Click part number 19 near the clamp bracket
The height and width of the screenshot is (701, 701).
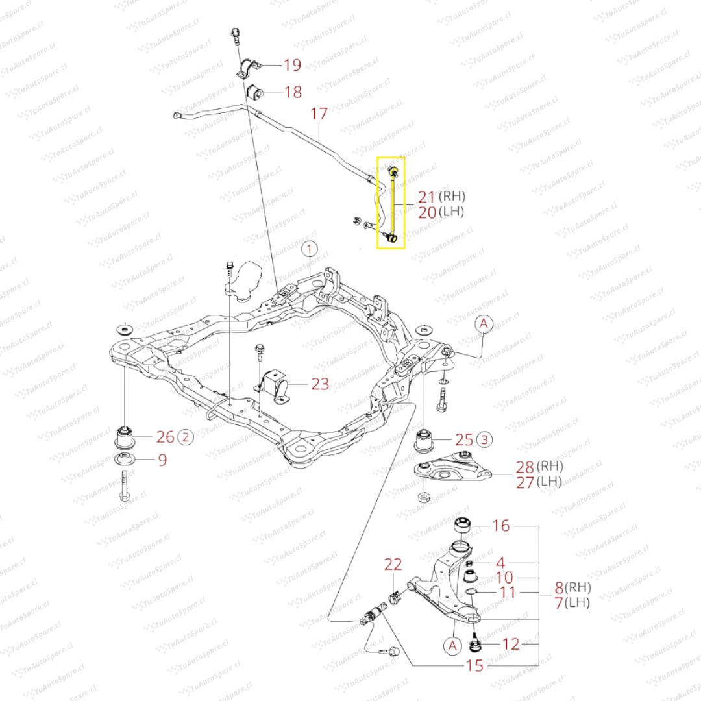(x=292, y=64)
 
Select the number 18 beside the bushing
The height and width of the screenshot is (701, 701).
(x=293, y=92)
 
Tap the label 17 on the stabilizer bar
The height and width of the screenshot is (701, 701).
(x=319, y=114)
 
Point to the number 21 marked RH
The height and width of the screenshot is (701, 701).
(x=426, y=197)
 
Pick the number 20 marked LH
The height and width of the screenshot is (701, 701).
(x=426, y=212)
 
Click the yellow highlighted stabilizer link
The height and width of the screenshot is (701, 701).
(x=391, y=203)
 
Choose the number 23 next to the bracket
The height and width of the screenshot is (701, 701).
(x=320, y=384)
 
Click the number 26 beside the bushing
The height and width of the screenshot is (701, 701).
(x=166, y=437)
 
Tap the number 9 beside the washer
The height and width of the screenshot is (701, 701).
(x=162, y=460)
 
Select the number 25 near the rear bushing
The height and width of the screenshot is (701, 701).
(x=464, y=439)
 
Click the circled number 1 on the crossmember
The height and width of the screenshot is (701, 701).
(x=310, y=249)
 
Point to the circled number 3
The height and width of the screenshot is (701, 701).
(x=484, y=439)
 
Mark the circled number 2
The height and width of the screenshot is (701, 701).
(x=186, y=437)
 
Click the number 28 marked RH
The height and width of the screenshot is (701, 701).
(x=524, y=466)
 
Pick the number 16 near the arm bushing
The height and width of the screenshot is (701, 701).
(x=501, y=526)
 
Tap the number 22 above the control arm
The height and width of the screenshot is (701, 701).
(x=393, y=564)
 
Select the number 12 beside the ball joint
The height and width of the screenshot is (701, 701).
(x=511, y=645)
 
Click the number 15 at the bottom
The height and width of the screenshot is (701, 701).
(x=474, y=666)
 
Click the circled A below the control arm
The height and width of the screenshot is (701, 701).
(x=452, y=645)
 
